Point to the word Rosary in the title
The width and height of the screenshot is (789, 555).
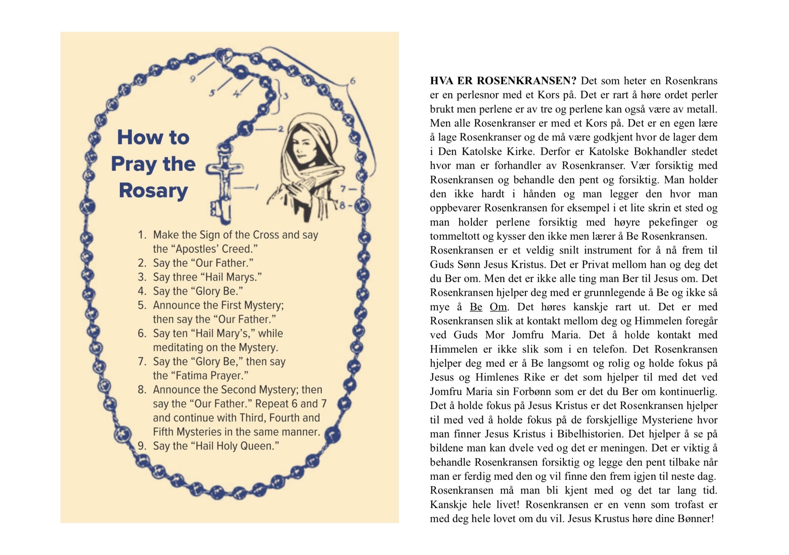153,190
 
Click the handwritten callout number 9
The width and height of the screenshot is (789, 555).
193,79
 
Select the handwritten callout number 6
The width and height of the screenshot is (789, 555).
352,81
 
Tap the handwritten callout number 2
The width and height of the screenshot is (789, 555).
281,129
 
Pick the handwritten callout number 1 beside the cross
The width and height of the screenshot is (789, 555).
256,187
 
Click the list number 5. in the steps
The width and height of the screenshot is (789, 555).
142,305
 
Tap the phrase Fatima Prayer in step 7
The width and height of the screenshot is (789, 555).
211,376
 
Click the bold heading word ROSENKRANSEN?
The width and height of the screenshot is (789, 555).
527,81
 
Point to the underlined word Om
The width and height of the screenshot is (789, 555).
498,307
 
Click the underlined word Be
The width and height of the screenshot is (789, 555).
476,307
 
